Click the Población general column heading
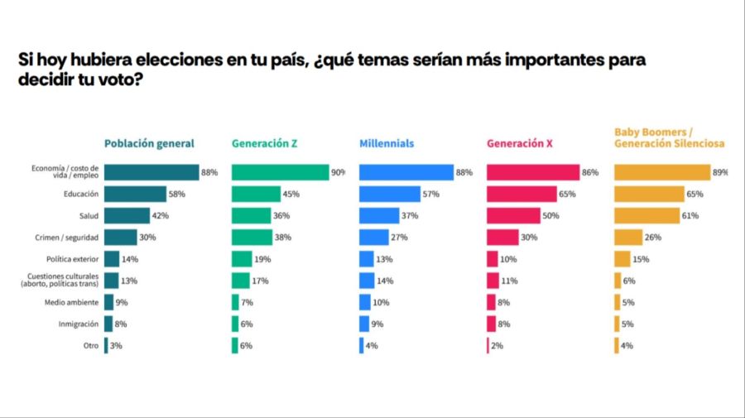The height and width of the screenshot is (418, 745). point(149,143)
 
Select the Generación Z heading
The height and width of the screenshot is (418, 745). point(264,143)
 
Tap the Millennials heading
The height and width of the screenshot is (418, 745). point(387,143)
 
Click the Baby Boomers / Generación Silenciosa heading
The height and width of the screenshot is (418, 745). point(669,137)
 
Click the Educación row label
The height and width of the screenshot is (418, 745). point(82,194)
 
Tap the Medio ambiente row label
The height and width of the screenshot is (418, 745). point(73,302)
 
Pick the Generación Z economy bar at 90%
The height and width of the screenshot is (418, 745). point(280,172)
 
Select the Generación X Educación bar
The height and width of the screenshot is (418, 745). point(521,194)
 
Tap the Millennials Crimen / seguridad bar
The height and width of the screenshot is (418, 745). point(373,237)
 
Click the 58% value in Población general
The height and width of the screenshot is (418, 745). point(176,194)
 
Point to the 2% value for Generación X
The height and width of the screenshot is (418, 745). point(497,345)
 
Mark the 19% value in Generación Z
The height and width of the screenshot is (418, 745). point(262,259)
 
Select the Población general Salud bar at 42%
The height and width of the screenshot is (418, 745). point(126,215)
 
